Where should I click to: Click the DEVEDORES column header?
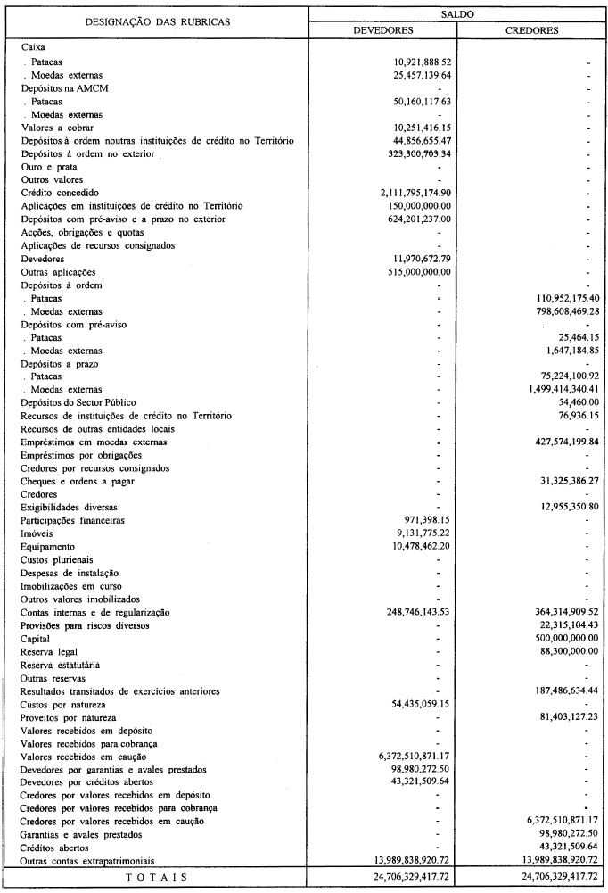tap(382, 29)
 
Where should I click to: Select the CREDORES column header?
tap(531, 29)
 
